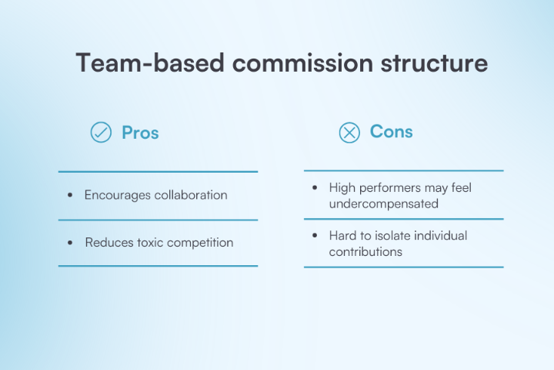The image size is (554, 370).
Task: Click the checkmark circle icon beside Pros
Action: pyautogui.click(x=101, y=133)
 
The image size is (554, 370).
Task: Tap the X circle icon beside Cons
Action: pyautogui.click(x=349, y=133)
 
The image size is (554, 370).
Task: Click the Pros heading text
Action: pyautogui.click(x=140, y=133)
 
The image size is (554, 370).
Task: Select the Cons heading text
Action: pyautogui.click(x=392, y=132)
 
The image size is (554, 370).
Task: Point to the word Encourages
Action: pyautogui.click(x=118, y=195)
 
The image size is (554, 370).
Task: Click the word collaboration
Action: pyautogui.click(x=191, y=195)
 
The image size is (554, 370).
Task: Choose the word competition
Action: pyautogui.click(x=202, y=243)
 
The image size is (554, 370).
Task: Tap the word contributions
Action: pyautogui.click(x=365, y=252)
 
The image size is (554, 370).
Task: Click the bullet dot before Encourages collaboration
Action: pyautogui.click(x=71, y=196)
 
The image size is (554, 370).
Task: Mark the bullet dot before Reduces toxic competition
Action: pyautogui.click(x=71, y=244)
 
